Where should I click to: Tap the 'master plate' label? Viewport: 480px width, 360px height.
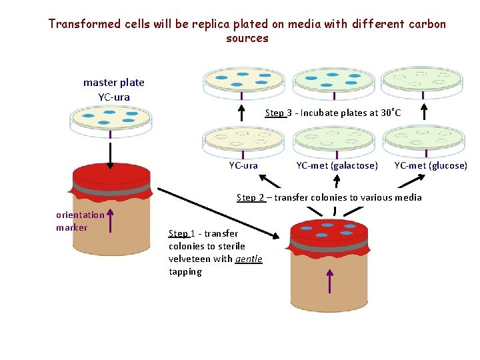click(113, 83)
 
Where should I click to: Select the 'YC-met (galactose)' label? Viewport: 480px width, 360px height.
click(337, 165)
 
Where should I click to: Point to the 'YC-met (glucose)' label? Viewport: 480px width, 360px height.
click(431, 165)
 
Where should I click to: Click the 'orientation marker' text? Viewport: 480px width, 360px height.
click(80, 221)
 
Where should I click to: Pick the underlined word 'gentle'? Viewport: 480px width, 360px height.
click(249, 259)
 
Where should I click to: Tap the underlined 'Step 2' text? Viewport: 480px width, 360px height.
click(251, 197)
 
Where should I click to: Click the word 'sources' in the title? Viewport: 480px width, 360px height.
click(247, 39)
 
